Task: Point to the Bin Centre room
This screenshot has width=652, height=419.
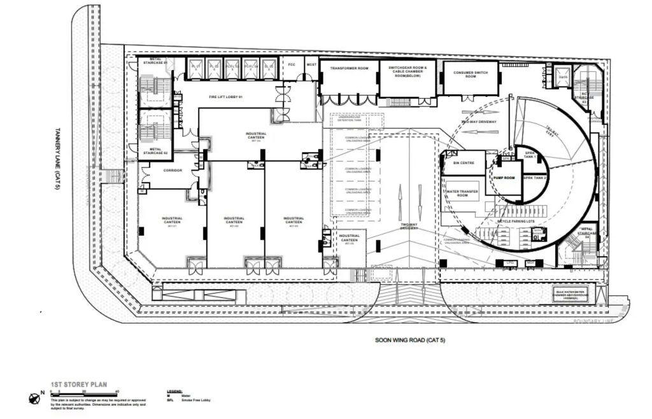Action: tap(463, 163)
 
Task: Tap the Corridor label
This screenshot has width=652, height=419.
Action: tap(173, 171)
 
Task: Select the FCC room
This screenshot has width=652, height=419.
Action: tap(292, 65)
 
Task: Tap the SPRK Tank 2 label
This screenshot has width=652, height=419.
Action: tap(536, 178)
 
